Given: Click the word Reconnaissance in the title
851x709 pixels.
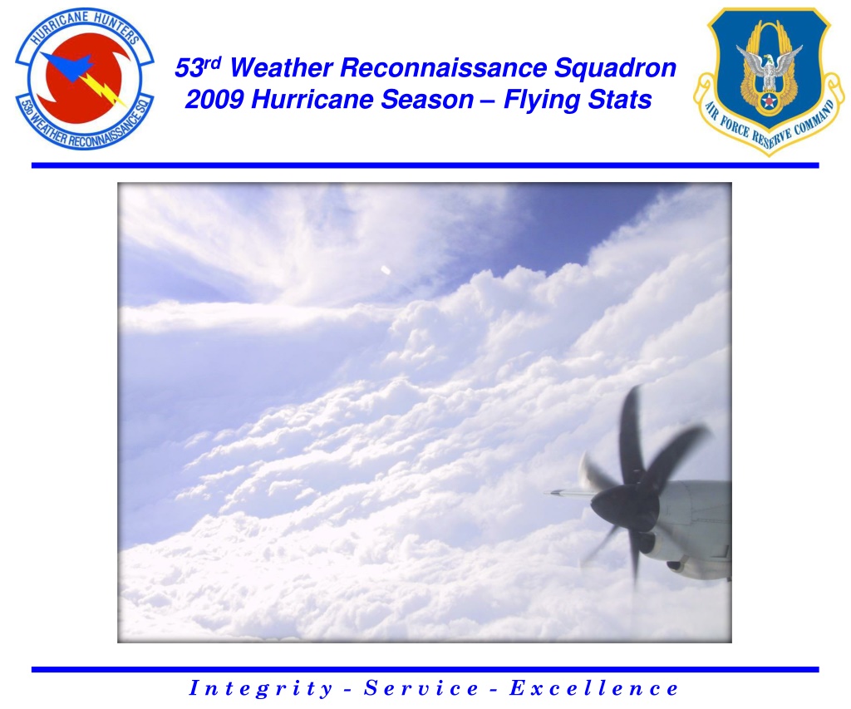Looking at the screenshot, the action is click(444, 68).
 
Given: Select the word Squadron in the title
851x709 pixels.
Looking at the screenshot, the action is click(616, 69).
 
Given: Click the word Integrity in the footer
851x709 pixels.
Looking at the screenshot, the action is click(260, 688).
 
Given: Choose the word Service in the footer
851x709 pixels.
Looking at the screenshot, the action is click(421, 688).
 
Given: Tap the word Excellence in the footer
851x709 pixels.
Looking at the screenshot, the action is click(593, 688).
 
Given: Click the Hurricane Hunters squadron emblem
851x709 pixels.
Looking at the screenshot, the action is click(85, 79).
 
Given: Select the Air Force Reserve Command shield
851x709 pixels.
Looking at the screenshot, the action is click(769, 81).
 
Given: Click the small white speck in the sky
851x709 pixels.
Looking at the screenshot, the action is click(386, 270).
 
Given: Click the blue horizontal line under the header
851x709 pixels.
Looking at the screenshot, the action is click(425, 165).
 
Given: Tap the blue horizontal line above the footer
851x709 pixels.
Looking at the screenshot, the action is click(425, 669).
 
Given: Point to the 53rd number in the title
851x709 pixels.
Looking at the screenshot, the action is click(198, 67).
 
